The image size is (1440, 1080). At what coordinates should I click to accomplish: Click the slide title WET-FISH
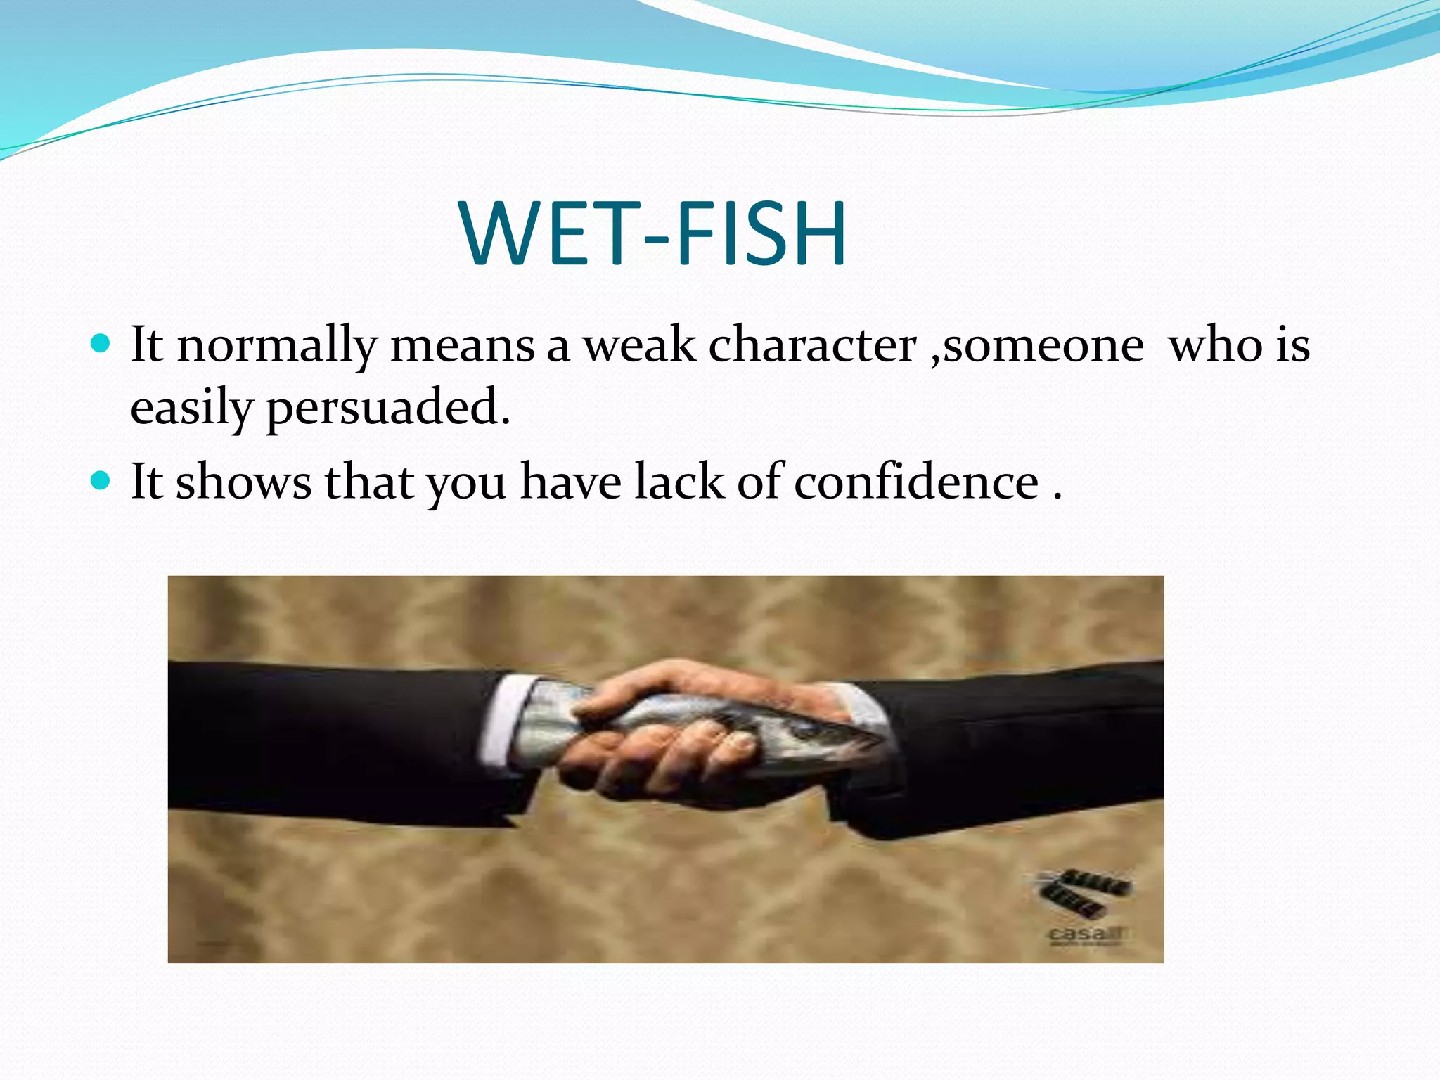click(x=654, y=234)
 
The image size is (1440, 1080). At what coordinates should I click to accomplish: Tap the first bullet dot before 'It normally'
click(x=101, y=344)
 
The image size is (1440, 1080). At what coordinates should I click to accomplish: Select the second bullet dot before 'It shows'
click(x=101, y=481)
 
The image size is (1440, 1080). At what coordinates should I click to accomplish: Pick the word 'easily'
click(x=191, y=409)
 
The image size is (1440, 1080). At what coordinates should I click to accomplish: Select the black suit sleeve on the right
click(x=1020, y=745)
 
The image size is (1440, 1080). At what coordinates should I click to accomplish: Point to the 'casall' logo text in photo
click(x=1087, y=934)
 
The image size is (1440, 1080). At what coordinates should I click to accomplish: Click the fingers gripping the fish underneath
click(x=675, y=752)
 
